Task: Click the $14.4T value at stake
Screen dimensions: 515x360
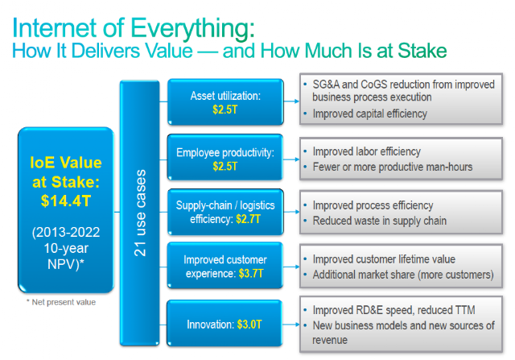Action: (x=66, y=201)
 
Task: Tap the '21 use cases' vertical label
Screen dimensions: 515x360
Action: (x=140, y=213)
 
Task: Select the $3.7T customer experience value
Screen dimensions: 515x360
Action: (x=251, y=274)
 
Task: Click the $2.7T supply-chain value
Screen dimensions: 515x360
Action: (x=249, y=219)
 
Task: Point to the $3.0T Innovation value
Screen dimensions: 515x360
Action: (x=249, y=325)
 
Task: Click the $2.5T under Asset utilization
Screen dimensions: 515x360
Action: (x=225, y=110)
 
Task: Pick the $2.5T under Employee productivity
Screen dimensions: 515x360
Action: (x=225, y=167)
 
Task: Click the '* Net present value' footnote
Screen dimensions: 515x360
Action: (x=61, y=302)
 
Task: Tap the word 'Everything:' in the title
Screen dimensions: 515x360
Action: (x=192, y=29)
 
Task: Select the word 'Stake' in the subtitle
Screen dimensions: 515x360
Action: (x=422, y=51)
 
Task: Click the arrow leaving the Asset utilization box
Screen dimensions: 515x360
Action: (x=291, y=101)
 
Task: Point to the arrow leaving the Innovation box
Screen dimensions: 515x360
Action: (x=291, y=325)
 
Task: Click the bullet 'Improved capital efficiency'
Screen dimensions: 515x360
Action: (x=370, y=114)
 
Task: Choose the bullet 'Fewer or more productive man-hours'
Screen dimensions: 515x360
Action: (x=393, y=167)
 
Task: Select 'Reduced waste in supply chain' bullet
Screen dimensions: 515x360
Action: (x=380, y=221)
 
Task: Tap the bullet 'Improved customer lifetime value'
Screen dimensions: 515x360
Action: (x=384, y=259)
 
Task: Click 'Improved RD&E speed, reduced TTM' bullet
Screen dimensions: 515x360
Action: (x=393, y=310)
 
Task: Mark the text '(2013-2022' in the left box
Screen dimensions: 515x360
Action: (x=66, y=233)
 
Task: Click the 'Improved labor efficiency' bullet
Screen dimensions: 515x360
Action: (x=367, y=151)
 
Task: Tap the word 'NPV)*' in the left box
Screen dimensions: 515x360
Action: (x=66, y=264)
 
